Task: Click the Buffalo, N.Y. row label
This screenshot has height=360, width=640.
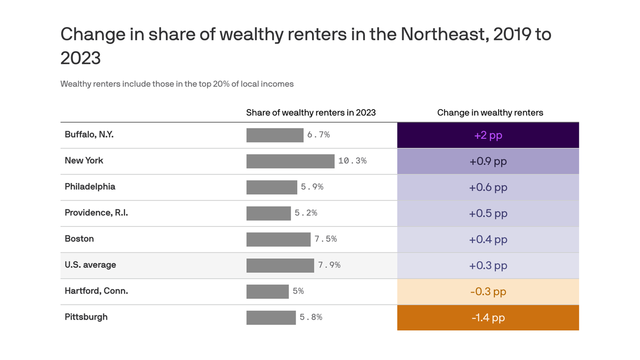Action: coord(89,135)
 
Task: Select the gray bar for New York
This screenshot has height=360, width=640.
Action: coord(290,161)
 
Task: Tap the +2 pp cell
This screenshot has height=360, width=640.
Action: coord(488,135)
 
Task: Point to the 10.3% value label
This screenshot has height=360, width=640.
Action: coord(352,161)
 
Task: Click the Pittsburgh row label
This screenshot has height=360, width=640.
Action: coord(86,317)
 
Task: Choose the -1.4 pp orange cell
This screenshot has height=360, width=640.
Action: coord(488,318)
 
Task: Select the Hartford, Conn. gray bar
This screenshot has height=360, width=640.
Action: coord(268,292)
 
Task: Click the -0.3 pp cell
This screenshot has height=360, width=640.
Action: coord(488,292)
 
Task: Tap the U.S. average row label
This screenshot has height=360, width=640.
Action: coord(90,265)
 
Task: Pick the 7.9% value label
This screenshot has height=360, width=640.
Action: coord(329,265)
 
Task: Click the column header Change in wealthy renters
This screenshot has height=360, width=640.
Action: coord(490,112)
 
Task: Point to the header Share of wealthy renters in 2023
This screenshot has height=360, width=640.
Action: coord(311,112)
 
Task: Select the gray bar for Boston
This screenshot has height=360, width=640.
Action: coord(278,239)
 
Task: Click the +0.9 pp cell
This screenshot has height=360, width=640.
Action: coord(488,162)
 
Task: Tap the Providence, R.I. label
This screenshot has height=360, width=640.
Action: coord(96,213)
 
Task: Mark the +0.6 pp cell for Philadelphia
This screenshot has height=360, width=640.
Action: coord(488,187)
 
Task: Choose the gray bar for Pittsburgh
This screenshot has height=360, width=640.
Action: coord(271,317)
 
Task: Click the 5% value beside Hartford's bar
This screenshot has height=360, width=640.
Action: coord(298,291)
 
